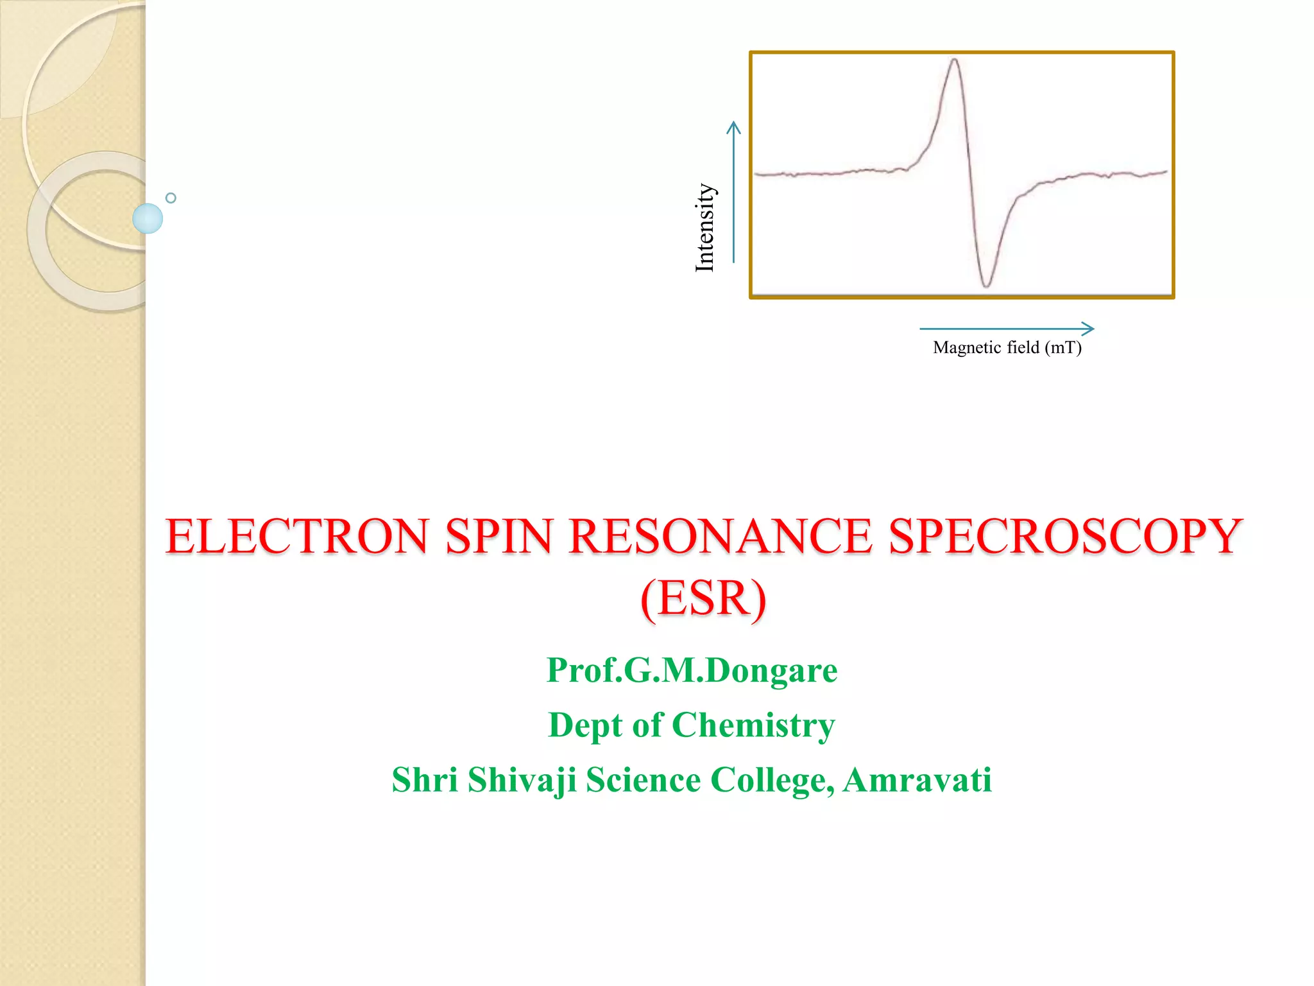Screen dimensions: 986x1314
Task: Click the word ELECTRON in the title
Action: pos(296,537)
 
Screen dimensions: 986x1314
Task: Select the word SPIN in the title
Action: pos(499,537)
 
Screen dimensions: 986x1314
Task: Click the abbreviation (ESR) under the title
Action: pos(703,598)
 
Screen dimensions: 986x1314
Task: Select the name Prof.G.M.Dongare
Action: pos(692,670)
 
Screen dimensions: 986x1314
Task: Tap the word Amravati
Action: pos(917,780)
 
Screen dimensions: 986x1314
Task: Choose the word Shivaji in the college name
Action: pos(522,780)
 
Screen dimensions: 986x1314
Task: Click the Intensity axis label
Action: pos(704,227)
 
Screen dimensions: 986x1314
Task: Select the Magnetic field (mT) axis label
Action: pos(1007,348)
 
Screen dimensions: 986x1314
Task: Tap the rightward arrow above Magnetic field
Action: pos(1007,329)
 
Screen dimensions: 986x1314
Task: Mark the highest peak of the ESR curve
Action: pos(955,61)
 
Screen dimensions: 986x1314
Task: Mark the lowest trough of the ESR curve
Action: pos(986,285)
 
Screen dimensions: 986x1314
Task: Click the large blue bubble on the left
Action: pos(148,218)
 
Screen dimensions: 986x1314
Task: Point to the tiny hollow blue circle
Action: pos(171,198)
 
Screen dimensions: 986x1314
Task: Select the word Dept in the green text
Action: pos(585,725)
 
